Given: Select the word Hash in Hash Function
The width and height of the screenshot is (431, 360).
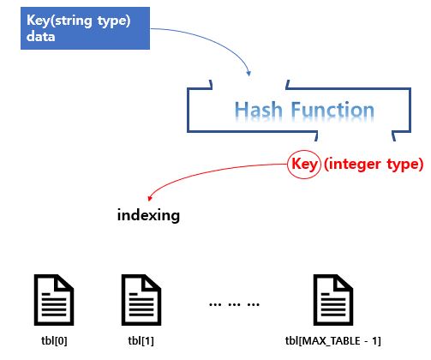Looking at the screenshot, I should click(256, 111).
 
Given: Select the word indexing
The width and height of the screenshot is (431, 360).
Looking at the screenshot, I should click(148, 214).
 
